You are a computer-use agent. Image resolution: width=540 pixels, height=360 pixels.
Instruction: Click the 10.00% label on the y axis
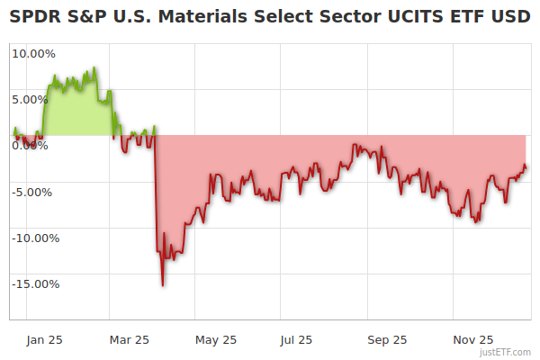[x=33, y=53]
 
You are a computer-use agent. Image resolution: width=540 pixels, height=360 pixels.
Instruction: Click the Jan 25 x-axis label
[x=44, y=339]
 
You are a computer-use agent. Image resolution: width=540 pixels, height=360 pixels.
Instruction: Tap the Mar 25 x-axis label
[x=129, y=339]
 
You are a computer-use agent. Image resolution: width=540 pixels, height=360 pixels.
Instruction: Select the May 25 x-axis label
[x=215, y=339]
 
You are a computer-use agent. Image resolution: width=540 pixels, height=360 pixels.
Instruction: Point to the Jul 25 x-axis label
[x=296, y=339]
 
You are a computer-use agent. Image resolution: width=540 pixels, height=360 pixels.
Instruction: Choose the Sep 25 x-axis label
[x=387, y=339]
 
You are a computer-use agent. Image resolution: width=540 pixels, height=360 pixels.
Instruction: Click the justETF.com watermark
[x=505, y=352]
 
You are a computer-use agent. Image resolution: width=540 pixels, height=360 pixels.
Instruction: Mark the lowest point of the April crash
[x=163, y=285]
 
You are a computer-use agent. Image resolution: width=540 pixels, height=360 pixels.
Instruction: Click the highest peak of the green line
[x=94, y=67]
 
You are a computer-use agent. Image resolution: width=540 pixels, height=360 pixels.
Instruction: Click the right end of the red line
[x=526, y=166]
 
